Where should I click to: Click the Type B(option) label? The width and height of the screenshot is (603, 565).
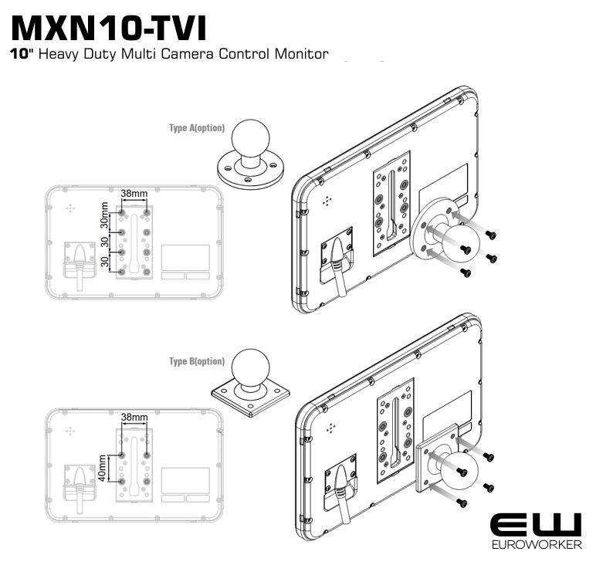[x=197, y=361]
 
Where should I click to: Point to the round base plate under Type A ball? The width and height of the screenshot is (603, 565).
[x=250, y=171]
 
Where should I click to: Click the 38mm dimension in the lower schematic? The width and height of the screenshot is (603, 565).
[x=134, y=418]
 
